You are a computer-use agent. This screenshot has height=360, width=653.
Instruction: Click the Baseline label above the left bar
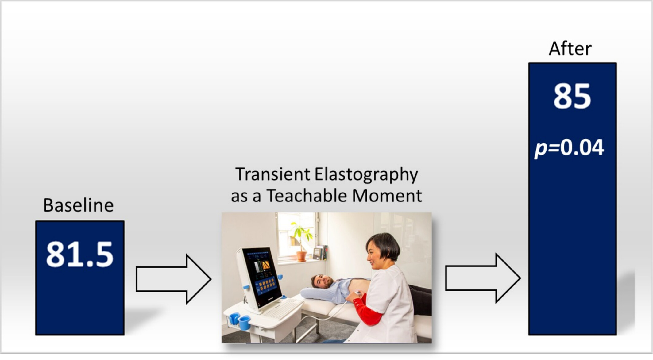click(78, 205)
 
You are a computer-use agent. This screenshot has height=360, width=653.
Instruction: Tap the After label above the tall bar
click(570, 48)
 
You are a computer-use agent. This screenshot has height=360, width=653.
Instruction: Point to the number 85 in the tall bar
click(572, 96)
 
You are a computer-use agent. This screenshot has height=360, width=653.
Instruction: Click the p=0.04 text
click(569, 148)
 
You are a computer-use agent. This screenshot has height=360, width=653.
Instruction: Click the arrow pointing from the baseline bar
click(174, 279)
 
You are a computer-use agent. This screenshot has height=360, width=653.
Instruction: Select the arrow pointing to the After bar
click(483, 278)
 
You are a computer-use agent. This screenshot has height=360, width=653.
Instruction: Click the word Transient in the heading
click(272, 174)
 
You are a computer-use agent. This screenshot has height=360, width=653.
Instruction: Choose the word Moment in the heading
click(387, 196)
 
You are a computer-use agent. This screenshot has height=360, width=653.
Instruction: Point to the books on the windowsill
click(321, 253)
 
